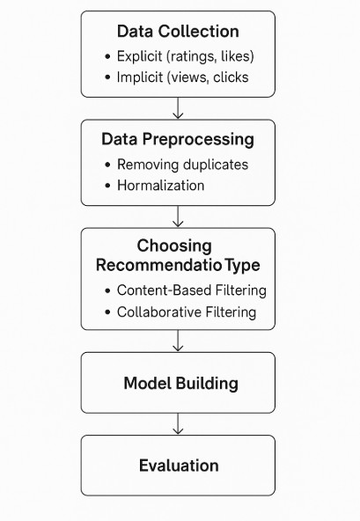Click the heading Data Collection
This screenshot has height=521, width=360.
(x=178, y=32)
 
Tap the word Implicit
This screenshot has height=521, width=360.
(x=140, y=77)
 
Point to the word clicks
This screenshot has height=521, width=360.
(x=231, y=77)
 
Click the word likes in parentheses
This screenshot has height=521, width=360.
(x=235, y=56)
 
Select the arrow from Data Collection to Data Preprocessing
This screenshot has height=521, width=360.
(x=178, y=108)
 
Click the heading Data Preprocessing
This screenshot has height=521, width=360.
(x=178, y=140)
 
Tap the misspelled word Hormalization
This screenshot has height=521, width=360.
(x=160, y=186)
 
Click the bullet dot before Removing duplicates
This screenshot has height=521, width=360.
(x=107, y=165)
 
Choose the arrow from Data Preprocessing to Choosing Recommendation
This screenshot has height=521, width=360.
(x=178, y=216)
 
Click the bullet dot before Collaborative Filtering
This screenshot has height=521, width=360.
(x=107, y=312)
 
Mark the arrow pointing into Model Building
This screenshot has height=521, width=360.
(x=178, y=341)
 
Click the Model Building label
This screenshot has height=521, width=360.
(x=180, y=384)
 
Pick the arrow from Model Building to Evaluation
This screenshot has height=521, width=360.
(x=178, y=423)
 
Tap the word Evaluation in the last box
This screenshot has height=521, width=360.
(x=179, y=466)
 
